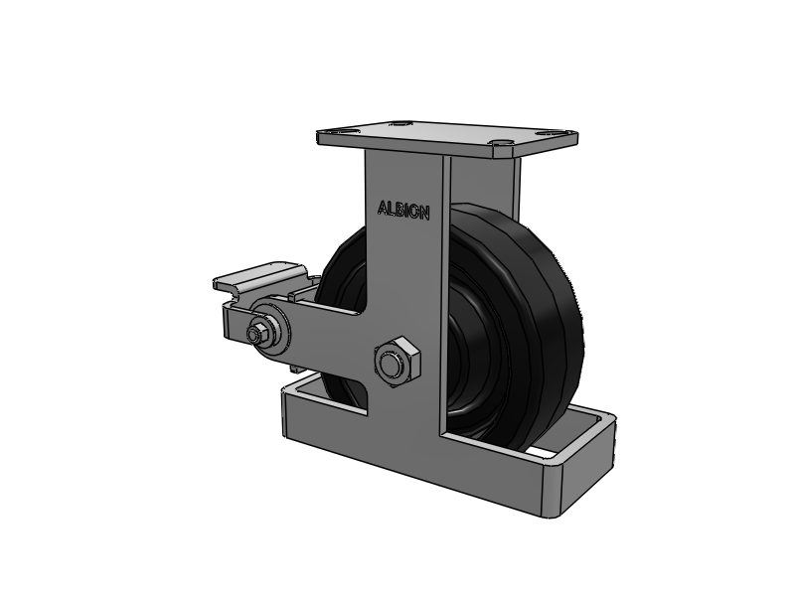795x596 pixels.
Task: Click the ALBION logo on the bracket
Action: tap(403, 210)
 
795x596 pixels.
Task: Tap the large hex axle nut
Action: tap(397, 362)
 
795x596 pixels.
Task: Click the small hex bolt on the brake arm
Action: tap(255, 333)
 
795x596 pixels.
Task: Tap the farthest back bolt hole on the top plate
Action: tap(400, 122)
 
